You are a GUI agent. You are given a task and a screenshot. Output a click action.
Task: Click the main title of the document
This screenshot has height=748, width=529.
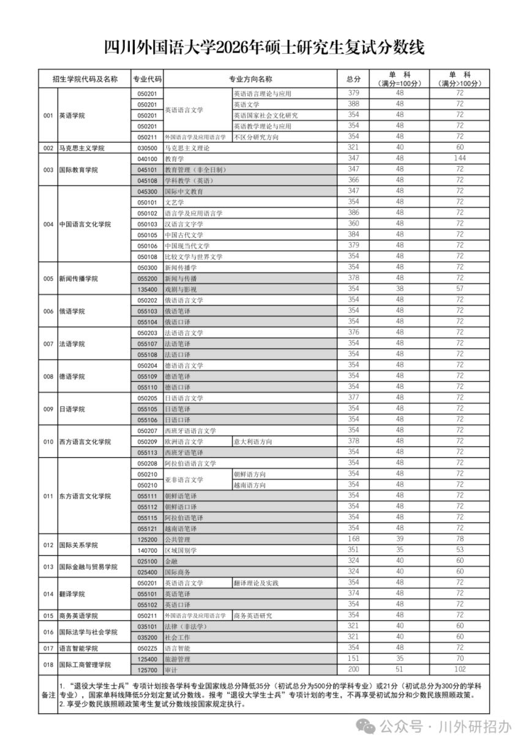264,47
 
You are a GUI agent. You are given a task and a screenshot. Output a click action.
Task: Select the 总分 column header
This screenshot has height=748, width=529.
353,79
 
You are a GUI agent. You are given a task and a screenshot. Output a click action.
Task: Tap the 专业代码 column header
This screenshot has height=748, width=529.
148,79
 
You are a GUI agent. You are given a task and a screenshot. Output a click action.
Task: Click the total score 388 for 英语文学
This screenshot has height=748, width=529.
353,104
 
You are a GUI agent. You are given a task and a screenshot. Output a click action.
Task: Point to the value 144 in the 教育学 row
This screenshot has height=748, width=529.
460,158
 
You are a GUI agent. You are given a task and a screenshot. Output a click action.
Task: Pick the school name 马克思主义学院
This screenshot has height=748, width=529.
82,148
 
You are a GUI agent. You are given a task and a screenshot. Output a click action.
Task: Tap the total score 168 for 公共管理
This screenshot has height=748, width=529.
353,538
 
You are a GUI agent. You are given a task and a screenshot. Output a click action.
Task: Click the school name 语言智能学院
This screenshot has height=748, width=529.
78,648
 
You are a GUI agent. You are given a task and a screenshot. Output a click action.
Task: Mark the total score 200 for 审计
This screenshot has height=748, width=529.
353,669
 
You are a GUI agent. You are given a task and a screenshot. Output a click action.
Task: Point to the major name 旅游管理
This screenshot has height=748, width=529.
178,659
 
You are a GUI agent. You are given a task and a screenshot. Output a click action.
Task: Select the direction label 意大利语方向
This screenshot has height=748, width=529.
253,441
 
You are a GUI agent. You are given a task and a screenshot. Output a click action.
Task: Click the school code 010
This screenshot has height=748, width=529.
48,441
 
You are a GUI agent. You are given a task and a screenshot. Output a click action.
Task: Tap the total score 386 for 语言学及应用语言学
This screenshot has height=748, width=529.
353,213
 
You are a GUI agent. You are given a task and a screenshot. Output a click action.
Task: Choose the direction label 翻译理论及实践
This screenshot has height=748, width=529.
256,583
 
